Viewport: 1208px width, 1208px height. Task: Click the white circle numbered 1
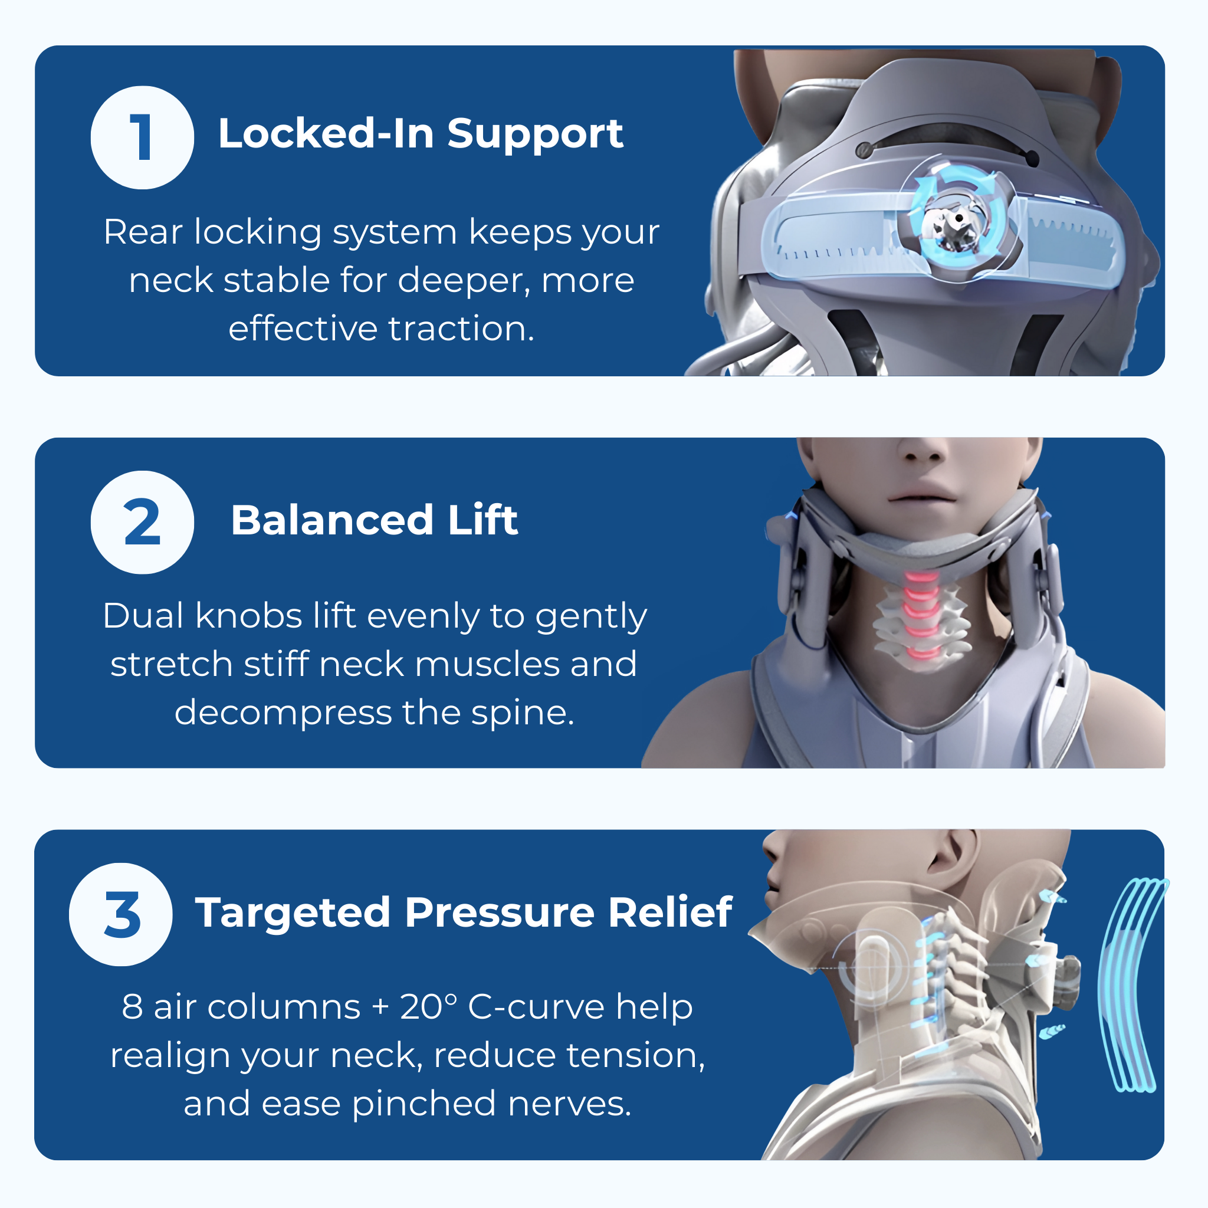(142, 137)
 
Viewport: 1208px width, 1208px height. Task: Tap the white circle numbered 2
(142, 522)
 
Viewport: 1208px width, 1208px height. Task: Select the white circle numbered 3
(121, 914)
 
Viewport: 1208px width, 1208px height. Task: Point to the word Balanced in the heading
(332, 520)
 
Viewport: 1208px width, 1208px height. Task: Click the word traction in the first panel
(461, 329)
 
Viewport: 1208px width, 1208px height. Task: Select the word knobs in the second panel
(249, 616)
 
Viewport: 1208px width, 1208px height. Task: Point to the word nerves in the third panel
(569, 1104)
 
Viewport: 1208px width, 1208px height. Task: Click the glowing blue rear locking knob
(956, 220)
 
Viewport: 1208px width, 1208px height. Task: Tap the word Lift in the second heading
(482, 520)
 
